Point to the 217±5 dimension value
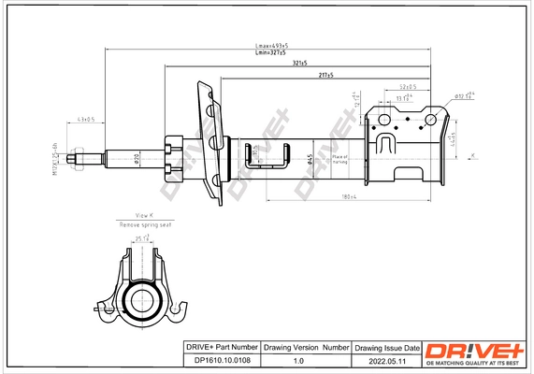click(325, 74)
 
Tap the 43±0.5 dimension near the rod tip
click(85, 120)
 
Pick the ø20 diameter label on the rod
click(137, 159)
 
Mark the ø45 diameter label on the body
click(310, 158)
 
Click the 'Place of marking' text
click(337, 160)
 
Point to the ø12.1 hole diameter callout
click(465, 95)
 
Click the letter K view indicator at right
click(472, 155)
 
